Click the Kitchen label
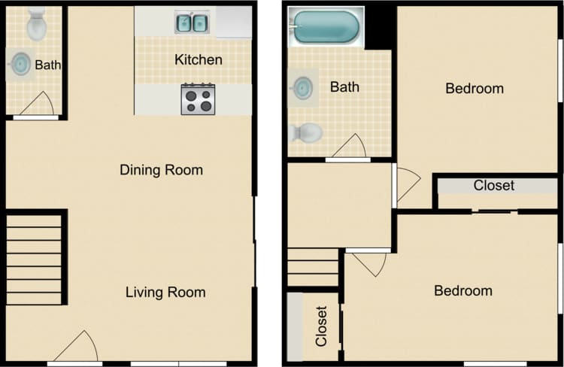coord(198,59)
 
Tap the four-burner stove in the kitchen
coord(198,99)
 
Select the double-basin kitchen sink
coord(192,23)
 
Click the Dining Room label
coord(161,170)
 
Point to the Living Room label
coord(165,293)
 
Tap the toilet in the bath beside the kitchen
coord(36,26)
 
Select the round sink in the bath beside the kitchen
coord(21,64)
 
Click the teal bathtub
coord(326,28)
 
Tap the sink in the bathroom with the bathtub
coord(303,88)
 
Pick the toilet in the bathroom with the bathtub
coord(305,133)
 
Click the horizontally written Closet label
coord(493,185)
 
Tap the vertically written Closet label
coord(321,326)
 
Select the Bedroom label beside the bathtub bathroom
coord(474,89)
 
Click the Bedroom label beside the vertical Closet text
coord(463,291)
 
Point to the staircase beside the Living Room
coord(34,259)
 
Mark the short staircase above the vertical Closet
coord(313,268)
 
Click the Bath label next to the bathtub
coord(344,87)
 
